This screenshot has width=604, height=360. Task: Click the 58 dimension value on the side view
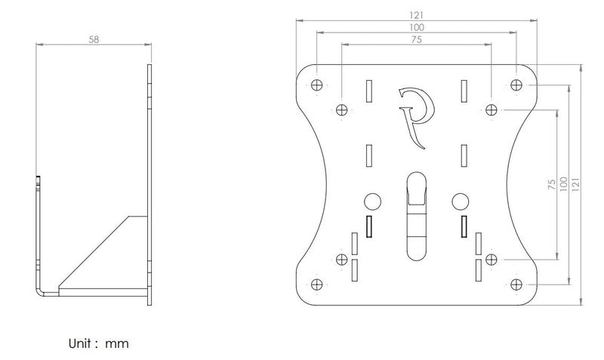tap(94, 39)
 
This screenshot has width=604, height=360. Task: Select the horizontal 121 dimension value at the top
tap(417, 15)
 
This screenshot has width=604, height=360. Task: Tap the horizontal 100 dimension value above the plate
tap(417, 27)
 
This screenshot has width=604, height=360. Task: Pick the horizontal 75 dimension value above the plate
tap(417, 39)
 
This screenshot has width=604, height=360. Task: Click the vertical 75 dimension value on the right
tap(552, 184)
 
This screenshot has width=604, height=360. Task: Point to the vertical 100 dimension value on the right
tap(563, 184)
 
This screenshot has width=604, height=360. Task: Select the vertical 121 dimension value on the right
tap(575, 184)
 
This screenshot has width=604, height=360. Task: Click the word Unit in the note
tap(80, 343)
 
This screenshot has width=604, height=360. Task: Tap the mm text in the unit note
tap(117, 344)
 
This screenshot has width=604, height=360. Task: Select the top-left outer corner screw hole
tap(316, 85)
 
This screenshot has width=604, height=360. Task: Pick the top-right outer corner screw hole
tap(516, 85)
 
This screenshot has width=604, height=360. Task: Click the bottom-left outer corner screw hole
tap(316, 285)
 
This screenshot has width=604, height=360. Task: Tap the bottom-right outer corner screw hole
tap(516, 285)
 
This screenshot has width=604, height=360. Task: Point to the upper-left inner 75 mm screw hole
tap(342, 109)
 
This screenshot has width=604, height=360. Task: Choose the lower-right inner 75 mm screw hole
tap(492, 260)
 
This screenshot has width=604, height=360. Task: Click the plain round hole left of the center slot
tap(372, 202)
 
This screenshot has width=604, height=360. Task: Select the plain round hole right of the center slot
tap(460, 202)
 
